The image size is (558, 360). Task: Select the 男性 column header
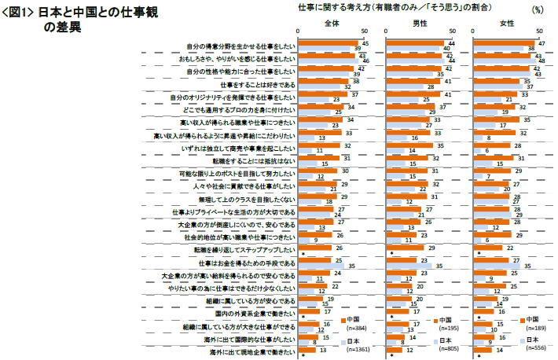click(x=420, y=24)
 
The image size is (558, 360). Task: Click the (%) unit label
click(x=537, y=10)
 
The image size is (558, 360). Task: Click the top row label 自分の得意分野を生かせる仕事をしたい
click(x=240, y=46)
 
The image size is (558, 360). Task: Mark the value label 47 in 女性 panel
click(x=541, y=42)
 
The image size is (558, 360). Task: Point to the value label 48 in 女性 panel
click(x=541, y=61)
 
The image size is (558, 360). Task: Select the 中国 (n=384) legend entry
click(x=356, y=323)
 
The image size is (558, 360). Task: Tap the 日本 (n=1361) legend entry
click(x=356, y=345)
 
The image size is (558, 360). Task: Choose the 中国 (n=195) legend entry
click(x=444, y=323)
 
